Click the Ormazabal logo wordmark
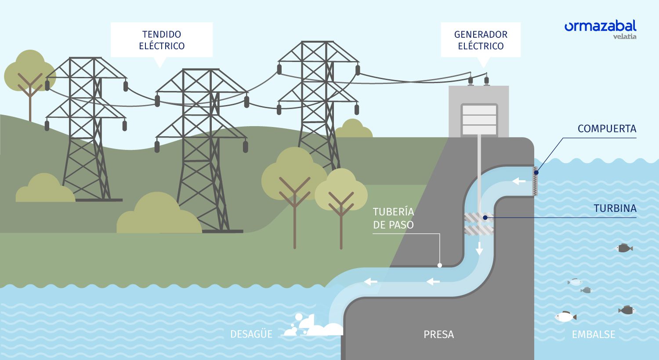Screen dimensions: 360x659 click(600, 26)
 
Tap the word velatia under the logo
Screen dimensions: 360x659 click(624, 36)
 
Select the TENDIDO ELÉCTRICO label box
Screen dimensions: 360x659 click(162, 40)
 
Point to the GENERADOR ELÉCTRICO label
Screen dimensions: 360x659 click(481, 40)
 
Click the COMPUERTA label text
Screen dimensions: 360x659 click(607, 129)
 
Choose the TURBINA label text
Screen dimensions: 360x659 click(615, 208)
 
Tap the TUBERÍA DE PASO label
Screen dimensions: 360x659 click(393, 218)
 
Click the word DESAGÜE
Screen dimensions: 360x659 click(251, 334)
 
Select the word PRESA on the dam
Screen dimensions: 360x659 click(438, 335)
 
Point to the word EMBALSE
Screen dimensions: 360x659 click(593, 335)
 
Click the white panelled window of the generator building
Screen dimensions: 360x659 click(479, 119)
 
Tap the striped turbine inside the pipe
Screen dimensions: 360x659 click(479, 224)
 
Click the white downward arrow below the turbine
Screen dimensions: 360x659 click(479, 248)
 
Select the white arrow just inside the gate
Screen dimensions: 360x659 click(519, 181)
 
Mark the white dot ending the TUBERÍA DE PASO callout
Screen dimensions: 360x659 click(440, 265)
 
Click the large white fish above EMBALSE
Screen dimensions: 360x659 click(565, 316)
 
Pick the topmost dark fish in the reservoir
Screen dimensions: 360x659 click(624, 248)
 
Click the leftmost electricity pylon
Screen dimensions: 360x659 click(86, 127)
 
